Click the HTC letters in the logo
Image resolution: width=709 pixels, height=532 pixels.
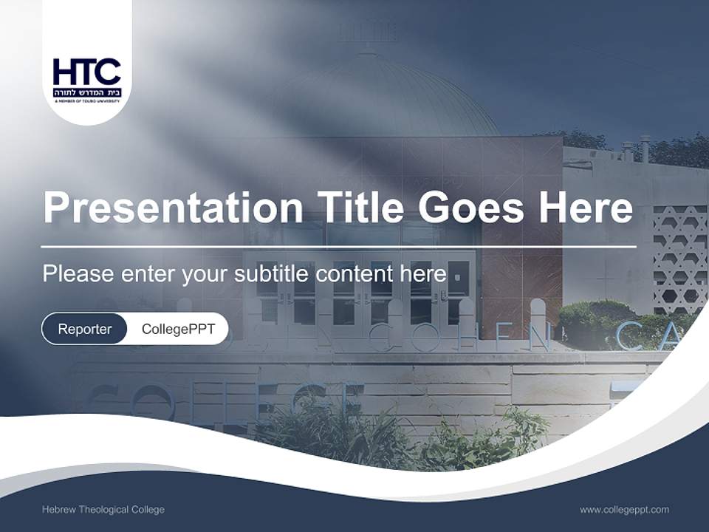86,72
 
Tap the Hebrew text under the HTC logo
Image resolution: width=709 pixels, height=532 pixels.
86,92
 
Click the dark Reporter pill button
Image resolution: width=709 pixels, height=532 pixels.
84,329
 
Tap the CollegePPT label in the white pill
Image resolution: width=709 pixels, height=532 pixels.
178,329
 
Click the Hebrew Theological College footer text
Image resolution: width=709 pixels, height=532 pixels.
103,510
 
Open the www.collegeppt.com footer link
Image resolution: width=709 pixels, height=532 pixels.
624,510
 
